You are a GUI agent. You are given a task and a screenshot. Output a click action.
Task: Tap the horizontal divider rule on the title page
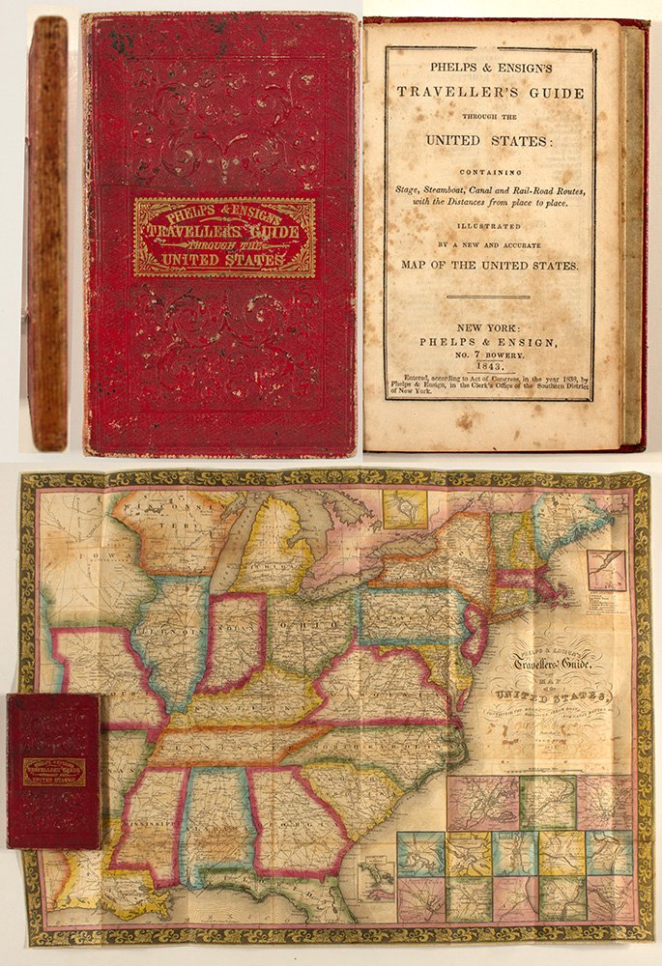point(492,297)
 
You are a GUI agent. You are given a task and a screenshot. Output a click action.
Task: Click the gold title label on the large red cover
point(224,237)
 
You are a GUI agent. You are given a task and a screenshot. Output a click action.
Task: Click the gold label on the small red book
point(54,771)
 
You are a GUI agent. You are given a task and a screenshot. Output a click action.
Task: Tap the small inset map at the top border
point(404,509)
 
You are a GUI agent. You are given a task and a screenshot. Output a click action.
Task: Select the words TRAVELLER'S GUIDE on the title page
point(492,94)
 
